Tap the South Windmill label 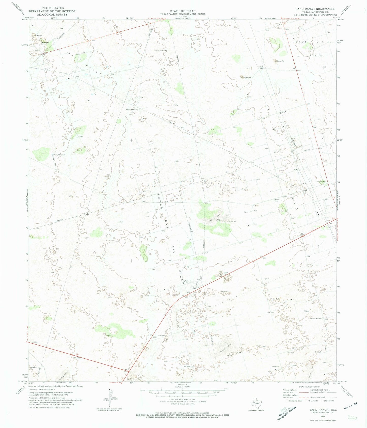pos(131,109)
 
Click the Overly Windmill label pos(59,155)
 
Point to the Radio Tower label pos(321,181)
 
